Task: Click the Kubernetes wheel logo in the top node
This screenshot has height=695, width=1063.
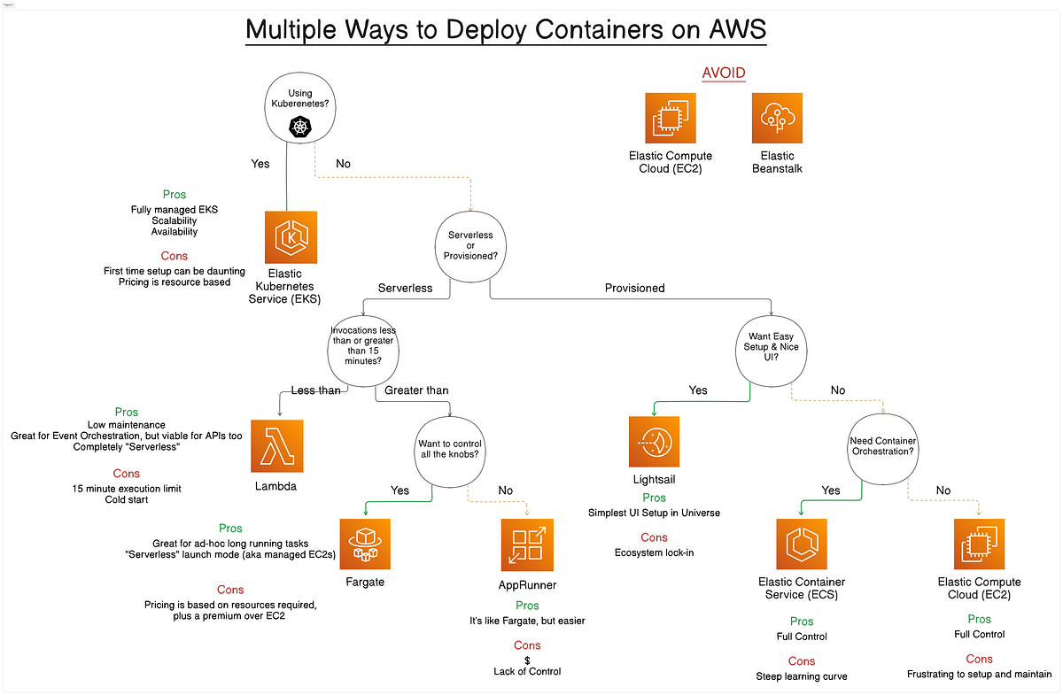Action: tap(301, 128)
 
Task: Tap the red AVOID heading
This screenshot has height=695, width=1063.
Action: tap(725, 73)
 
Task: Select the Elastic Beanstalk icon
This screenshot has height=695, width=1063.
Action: tap(777, 117)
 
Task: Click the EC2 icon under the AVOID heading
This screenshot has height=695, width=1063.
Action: tap(670, 117)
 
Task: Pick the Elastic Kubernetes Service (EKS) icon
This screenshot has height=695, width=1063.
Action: tap(291, 237)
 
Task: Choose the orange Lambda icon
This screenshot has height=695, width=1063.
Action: tap(277, 444)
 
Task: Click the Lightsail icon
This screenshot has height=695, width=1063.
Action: tap(655, 440)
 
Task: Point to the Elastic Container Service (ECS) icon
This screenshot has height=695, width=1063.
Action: tap(802, 544)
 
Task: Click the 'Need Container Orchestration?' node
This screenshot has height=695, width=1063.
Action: tap(881, 445)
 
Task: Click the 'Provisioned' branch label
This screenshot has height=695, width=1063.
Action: tap(634, 288)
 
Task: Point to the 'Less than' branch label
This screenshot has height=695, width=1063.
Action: tap(316, 390)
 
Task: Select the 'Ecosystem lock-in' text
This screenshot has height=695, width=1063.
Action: tap(654, 553)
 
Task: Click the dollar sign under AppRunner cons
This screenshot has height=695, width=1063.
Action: tap(527, 660)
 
